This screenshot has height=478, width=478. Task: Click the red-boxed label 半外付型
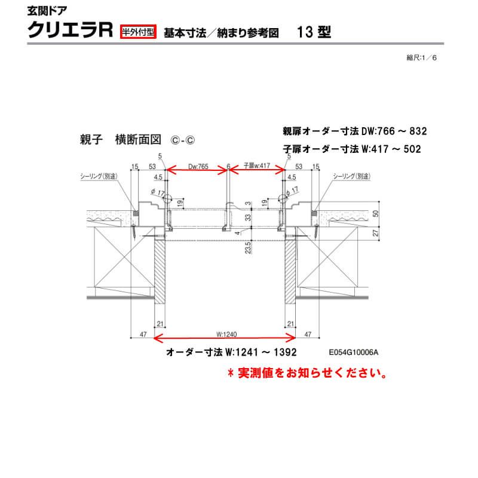click(138, 31)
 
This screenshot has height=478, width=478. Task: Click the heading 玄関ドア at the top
click(44, 10)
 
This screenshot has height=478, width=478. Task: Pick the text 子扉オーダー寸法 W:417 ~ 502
click(352, 149)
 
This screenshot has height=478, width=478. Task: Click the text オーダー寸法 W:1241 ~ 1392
click(231, 353)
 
